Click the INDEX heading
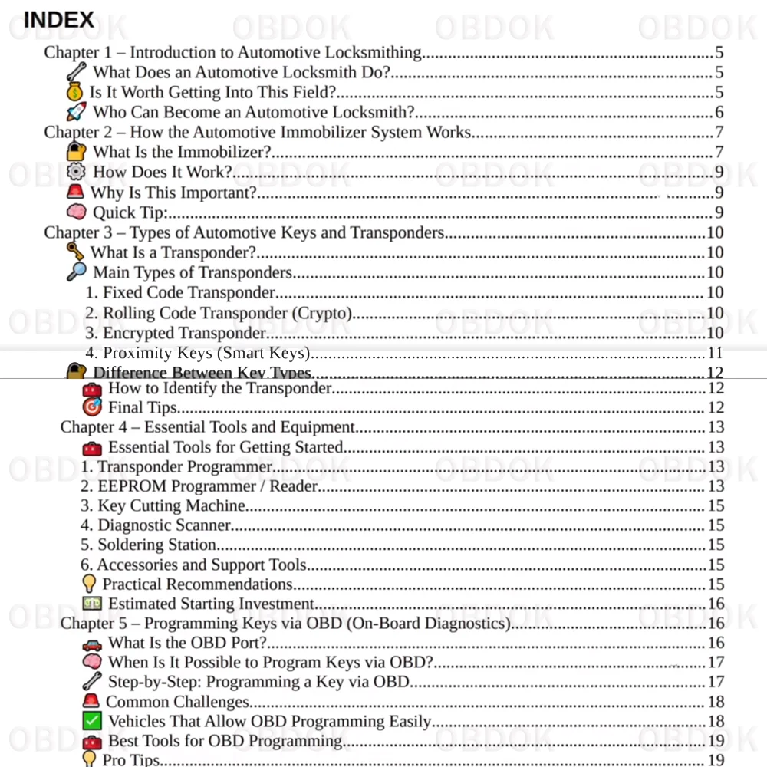pos(59,20)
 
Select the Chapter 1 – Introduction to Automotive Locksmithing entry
pos(232,53)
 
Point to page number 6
pos(719,113)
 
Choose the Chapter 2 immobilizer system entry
pos(258,132)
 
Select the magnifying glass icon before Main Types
pos(77,272)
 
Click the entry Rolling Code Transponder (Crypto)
pos(218,313)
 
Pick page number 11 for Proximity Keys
pos(715,354)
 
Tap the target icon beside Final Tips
pos(92,407)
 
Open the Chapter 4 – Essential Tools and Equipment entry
pos(208,427)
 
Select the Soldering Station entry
pos(149,545)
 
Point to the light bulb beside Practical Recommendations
pos(90,584)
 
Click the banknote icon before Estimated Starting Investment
pos(92,604)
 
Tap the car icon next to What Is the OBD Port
pos(92,644)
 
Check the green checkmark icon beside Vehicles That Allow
pos(92,722)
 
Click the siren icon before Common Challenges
pos(91,701)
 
